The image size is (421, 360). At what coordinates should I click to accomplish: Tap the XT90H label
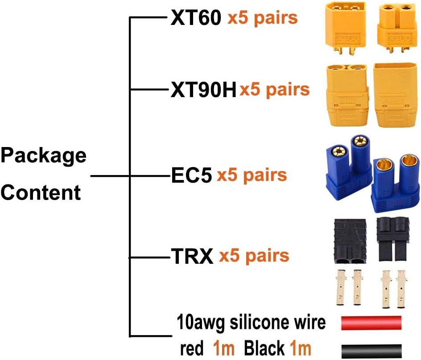click(203, 91)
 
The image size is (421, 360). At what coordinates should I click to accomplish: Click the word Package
click(43, 156)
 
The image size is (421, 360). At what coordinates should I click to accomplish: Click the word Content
click(41, 193)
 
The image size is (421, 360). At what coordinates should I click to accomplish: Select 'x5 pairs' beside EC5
click(252, 175)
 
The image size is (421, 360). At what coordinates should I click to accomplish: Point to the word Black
click(264, 348)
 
